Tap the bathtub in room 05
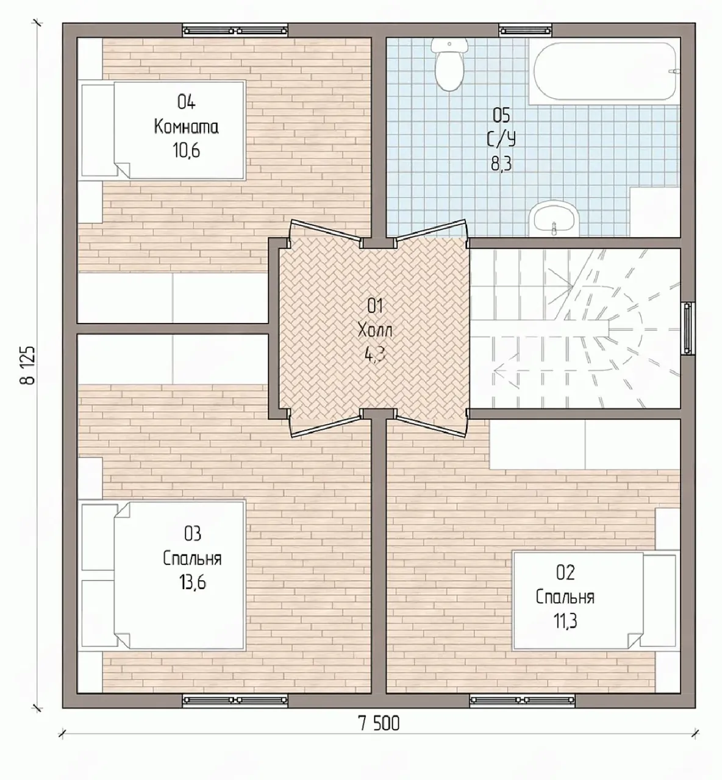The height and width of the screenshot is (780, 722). [x=604, y=71]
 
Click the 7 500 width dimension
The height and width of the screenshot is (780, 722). [x=379, y=723]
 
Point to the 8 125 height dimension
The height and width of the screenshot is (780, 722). [x=28, y=365]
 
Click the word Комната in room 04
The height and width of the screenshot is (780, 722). [x=187, y=127]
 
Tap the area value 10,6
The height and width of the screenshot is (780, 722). [x=187, y=151]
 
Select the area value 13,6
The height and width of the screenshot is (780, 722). [x=193, y=583]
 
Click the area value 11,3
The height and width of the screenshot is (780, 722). [x=565, y=622]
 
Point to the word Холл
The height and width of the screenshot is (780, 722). [x=375, y=331]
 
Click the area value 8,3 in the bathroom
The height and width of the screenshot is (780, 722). [x=501, y=163]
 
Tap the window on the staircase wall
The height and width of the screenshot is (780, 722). [x=687, y=328]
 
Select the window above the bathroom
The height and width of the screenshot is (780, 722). [x=525, y=30]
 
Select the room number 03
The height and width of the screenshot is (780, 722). [x=193, y=534]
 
